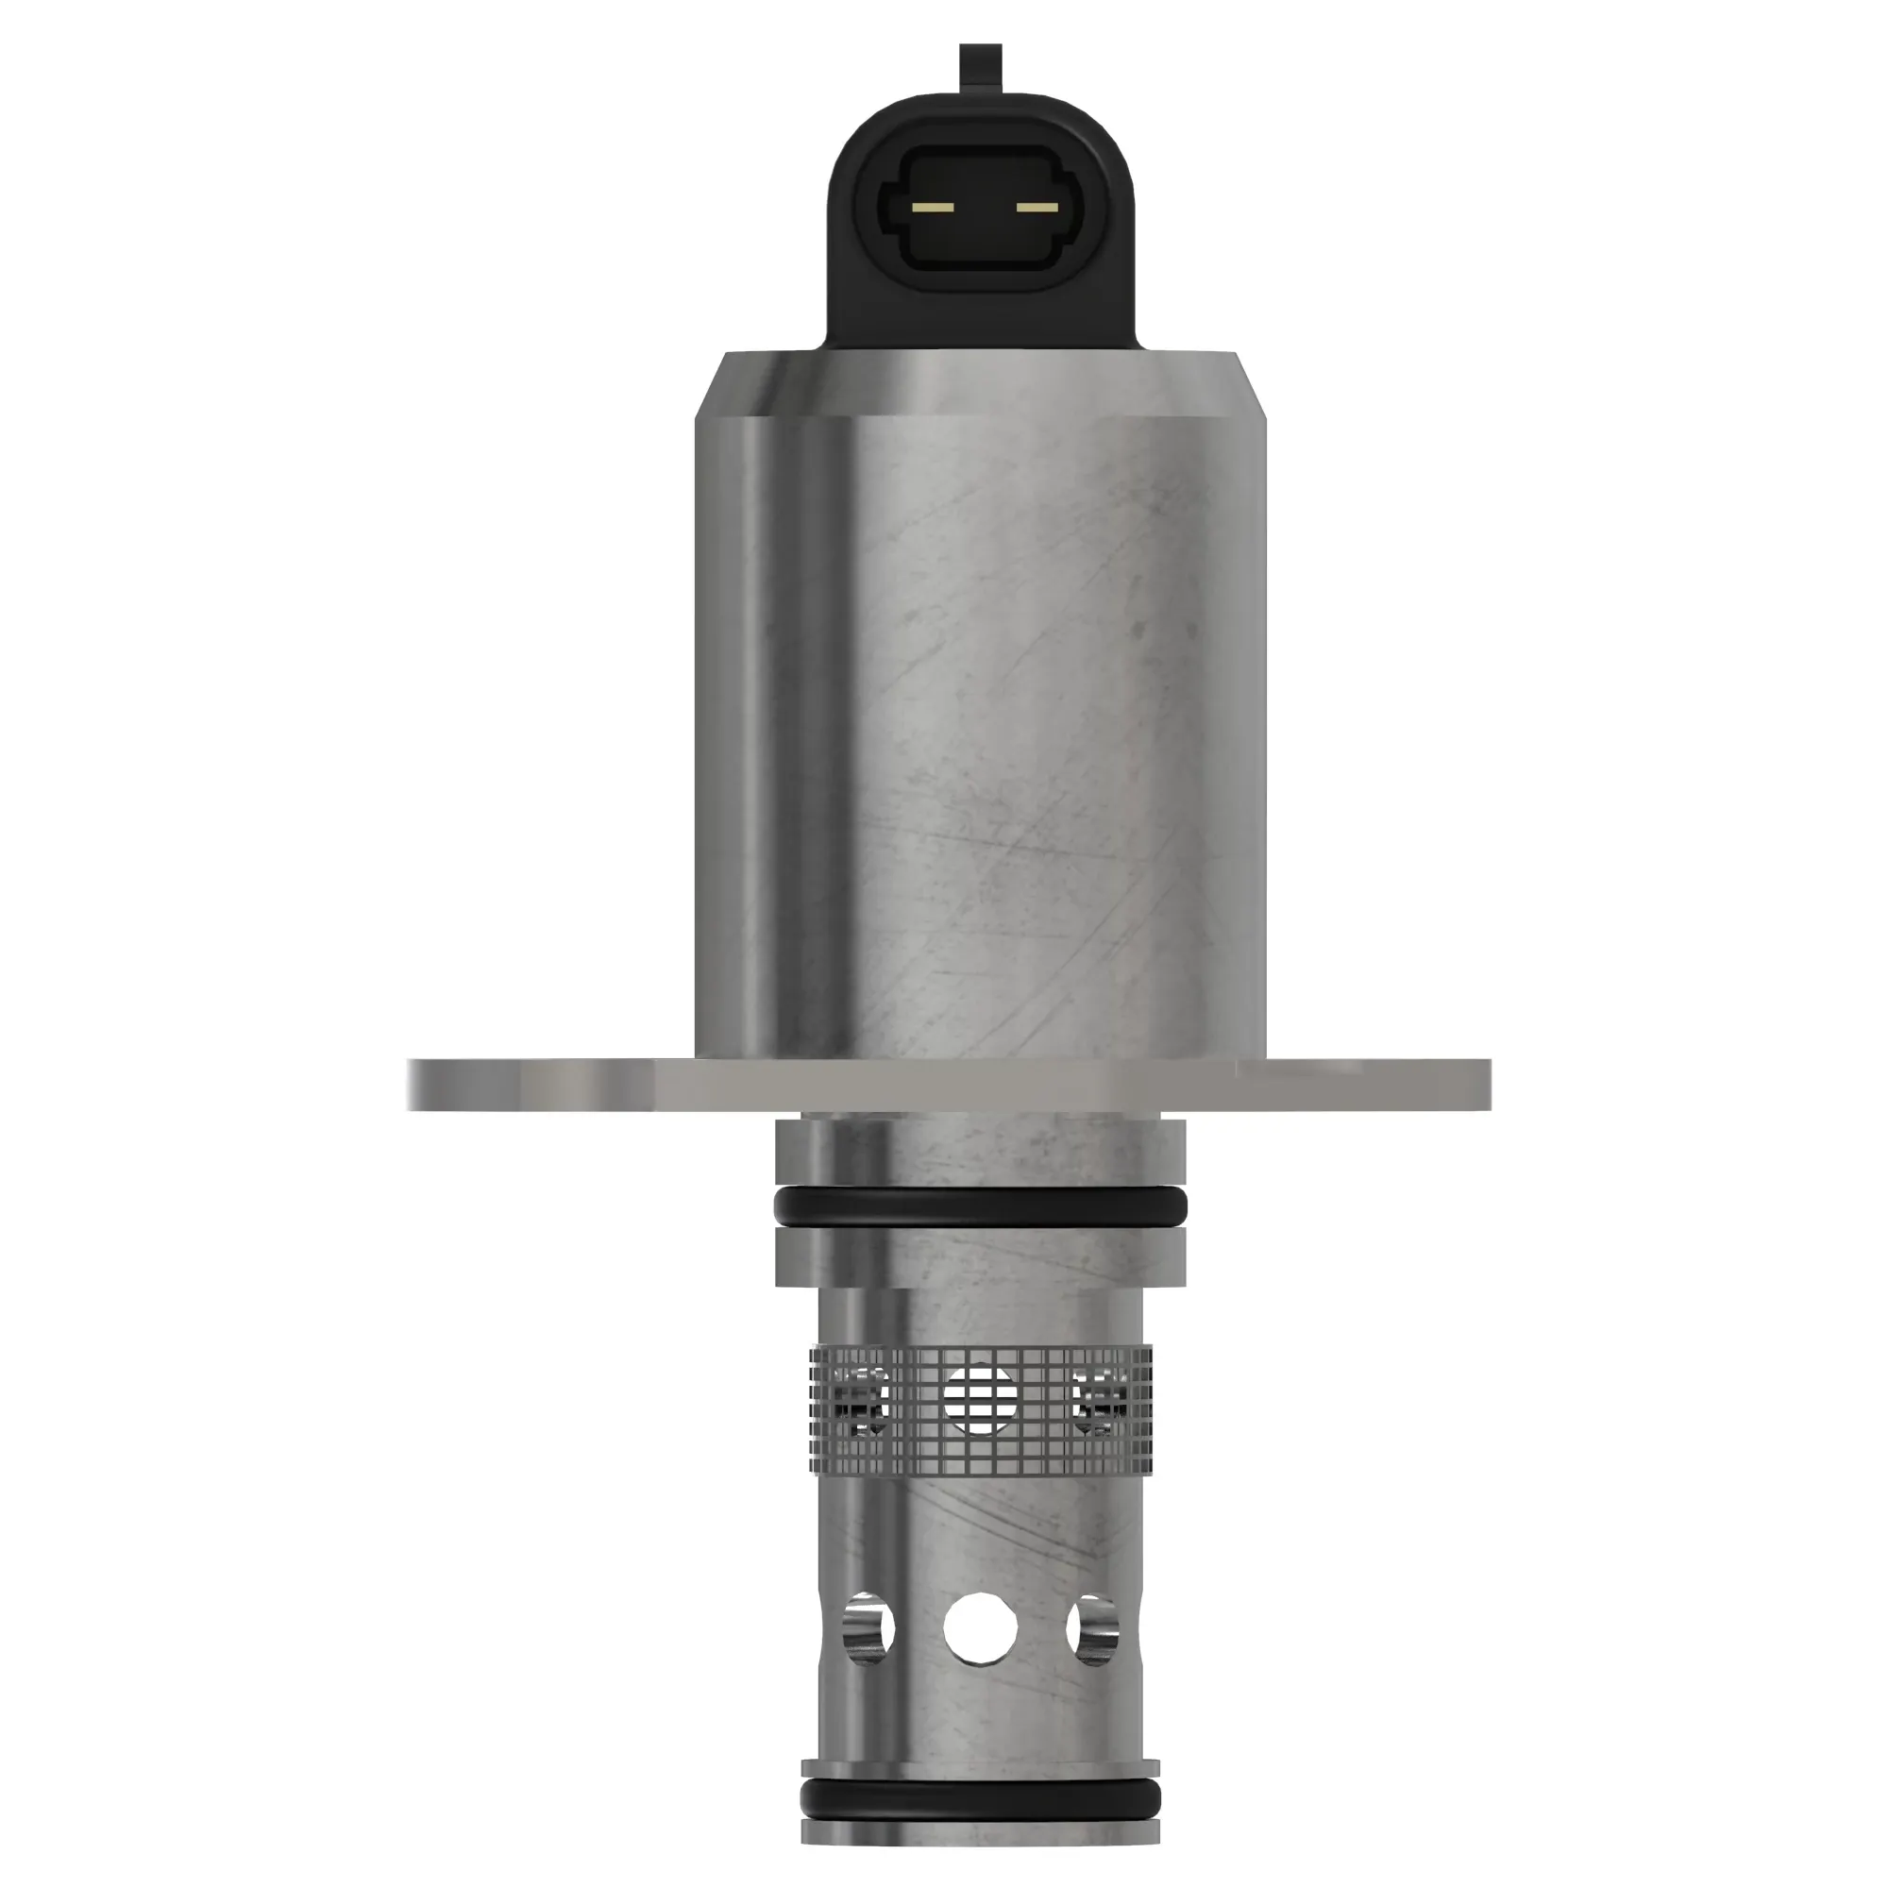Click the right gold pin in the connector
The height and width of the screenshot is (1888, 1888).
click(1036, 207)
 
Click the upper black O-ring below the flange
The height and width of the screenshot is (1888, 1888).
click(980, 1209)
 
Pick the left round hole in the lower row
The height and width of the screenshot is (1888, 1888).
click(869, 1628)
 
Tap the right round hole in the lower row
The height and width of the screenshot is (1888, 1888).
click(1091, 1628)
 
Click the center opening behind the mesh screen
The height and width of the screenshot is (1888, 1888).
click(980, 1398)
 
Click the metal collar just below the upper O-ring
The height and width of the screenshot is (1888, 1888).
click(980, 1256)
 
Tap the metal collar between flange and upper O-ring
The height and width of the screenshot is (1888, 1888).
click(980, 1154)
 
